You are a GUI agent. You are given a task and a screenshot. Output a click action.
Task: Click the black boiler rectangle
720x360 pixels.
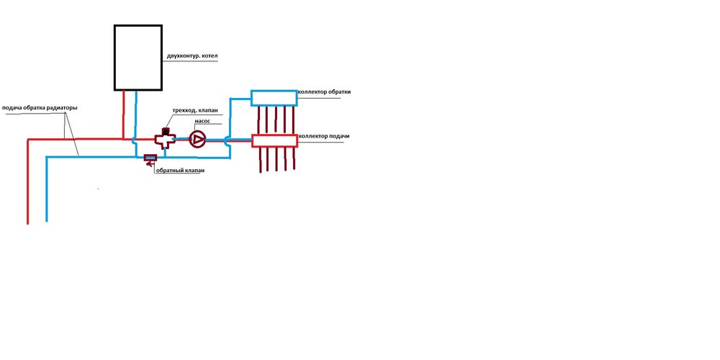point(114,58)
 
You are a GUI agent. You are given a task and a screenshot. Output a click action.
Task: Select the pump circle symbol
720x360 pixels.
point(197,139)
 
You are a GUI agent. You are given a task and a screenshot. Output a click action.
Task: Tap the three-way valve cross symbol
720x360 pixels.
point(164,139)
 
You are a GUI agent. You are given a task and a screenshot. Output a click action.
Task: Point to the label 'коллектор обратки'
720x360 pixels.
point(324,92)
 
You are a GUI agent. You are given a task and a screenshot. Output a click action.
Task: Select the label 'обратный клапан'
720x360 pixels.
point(180,171)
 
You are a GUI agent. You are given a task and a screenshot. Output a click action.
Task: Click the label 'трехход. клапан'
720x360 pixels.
point(194,110)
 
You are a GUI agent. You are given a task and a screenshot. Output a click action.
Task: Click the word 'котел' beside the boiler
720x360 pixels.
point(210,56)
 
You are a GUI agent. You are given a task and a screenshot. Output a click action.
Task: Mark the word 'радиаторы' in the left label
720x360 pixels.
point(63,109)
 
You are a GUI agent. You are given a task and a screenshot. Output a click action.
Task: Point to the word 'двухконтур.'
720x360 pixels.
point(183,56)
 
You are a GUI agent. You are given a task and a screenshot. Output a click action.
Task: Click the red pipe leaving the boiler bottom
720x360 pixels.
point(124,114)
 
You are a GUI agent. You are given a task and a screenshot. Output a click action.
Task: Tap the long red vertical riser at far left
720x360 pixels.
point(28,181)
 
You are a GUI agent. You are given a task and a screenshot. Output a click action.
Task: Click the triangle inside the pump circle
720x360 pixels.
point(198,139)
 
